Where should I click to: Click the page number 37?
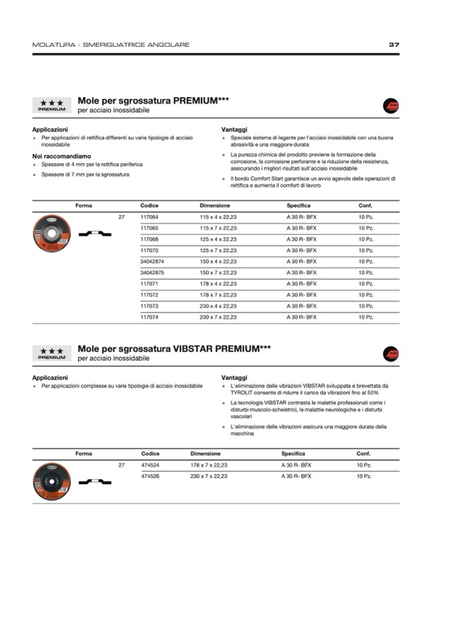[394, 45]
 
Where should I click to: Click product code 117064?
[149, 217]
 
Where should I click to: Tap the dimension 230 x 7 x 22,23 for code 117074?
[218, 317]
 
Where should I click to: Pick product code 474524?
[150, 465]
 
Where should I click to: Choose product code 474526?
[150, 476]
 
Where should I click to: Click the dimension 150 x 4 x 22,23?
[218, 262]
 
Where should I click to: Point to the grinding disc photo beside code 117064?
[52, 232]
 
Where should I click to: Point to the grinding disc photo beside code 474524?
[52, 480]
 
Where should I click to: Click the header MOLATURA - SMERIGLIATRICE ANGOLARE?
[110, 45]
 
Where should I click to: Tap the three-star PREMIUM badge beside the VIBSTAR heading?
[52, 353]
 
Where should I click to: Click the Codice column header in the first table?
[149, 206]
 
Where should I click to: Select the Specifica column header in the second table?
[293, 454]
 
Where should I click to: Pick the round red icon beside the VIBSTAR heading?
[390, 354]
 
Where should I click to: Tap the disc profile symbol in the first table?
[94, 234]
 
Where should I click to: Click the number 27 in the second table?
[121, 465]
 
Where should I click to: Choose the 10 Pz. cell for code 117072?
[366, 295]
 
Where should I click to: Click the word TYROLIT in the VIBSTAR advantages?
[241, 392]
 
